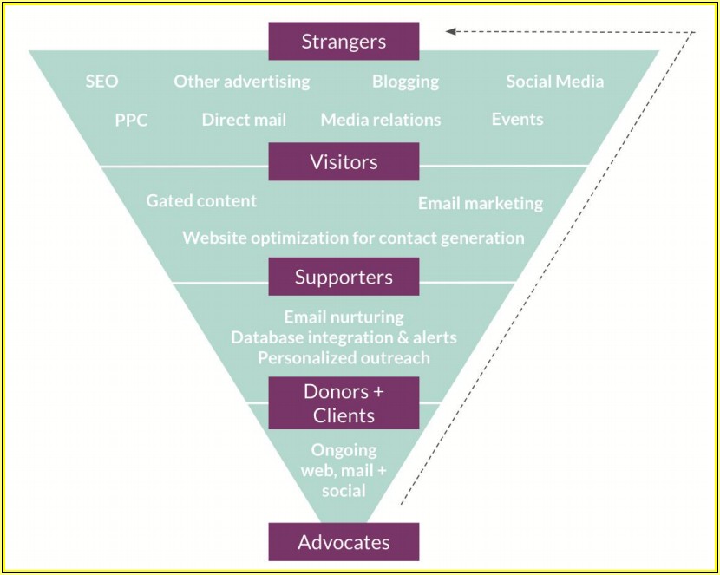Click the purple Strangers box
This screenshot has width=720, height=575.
pos(344,41)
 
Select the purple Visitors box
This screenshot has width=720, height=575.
pos(344,161)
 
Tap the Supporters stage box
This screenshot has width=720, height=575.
pos(344,277)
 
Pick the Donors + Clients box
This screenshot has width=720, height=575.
pos(344,402)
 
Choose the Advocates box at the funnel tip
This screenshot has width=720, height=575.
pos(344,542)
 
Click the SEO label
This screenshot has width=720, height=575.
pos(101,82)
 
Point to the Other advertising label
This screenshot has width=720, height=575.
pos(241,82)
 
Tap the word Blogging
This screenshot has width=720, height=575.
pos(405,82)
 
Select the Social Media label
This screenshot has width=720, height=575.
pos(554,82)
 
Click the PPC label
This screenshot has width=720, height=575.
pos(131,120)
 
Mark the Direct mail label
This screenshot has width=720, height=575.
pos(244,120)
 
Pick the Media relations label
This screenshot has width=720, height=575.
pos(380,120)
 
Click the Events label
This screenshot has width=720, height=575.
pos(517,119)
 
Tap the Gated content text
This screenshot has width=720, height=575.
pos(201,200)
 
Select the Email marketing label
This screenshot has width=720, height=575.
pos(480,203)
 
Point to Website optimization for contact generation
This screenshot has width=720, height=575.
pos(353,237)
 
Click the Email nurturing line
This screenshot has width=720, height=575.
pos(344,317)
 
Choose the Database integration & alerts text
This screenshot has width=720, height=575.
pos(344,337)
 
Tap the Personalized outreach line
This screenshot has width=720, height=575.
pos(344,357)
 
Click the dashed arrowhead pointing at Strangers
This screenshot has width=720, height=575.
pos(450,32)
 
